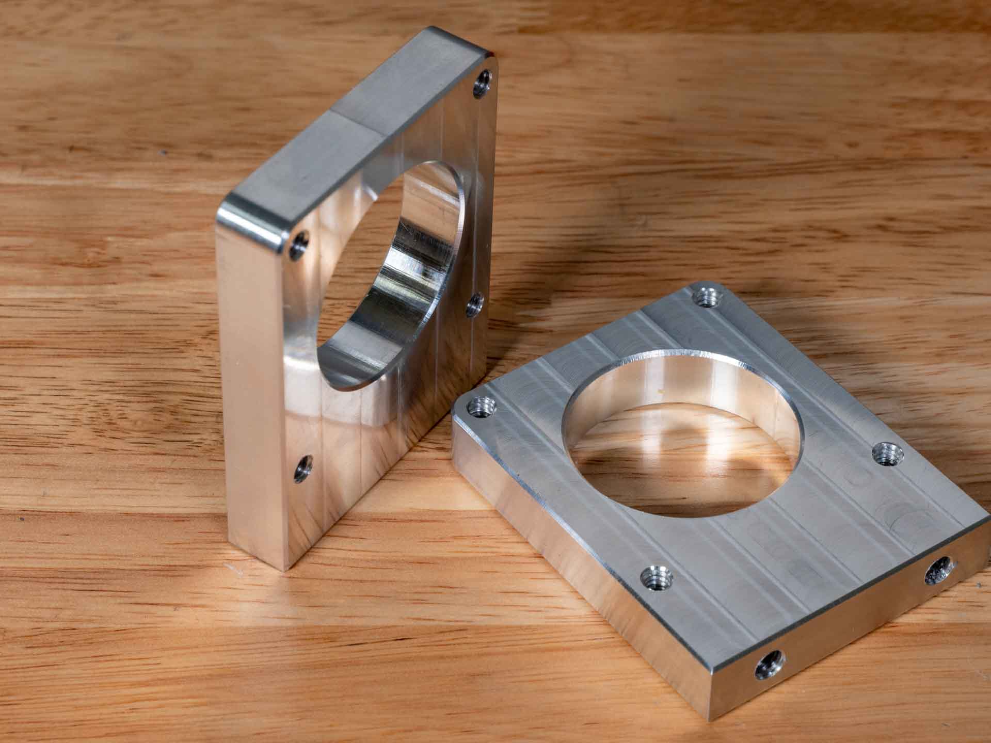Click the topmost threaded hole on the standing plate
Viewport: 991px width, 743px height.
click(484, 83)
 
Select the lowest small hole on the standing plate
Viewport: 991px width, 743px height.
click(302, 469)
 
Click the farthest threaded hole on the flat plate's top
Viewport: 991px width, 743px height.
click(705, 298)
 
